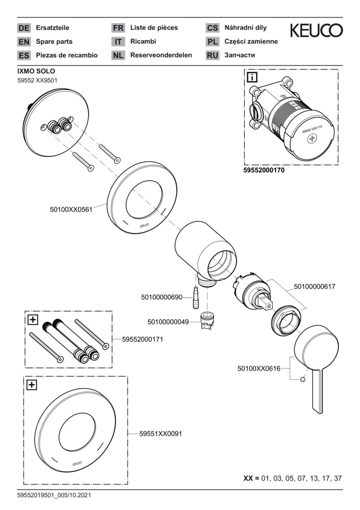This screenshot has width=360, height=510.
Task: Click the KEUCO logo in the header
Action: point(316,31)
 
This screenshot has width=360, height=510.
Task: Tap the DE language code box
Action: point(24,28)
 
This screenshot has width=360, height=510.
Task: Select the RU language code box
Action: point(212,55)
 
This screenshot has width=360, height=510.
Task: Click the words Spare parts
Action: point(54,42)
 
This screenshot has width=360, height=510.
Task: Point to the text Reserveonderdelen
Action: point(161,55)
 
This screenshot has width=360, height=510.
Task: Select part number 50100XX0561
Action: point(71,207)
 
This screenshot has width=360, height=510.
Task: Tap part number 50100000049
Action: point(168,322)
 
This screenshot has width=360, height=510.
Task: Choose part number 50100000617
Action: point(315,286)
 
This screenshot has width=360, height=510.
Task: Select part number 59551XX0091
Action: point(161,433)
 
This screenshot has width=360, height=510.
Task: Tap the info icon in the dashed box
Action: point(252,77)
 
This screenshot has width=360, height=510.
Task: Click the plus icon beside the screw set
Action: point(33,320)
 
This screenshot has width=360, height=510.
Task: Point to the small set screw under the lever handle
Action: point(302,379)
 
